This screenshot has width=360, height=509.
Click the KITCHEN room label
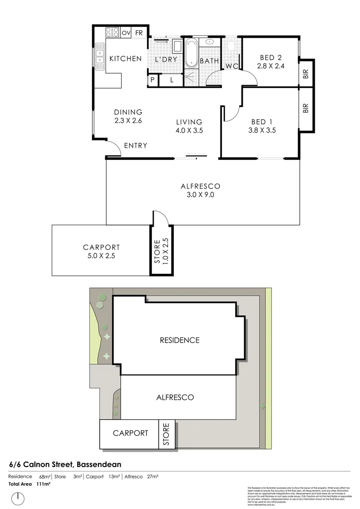click(x=125, y=58)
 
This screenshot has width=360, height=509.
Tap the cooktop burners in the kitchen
click(x=112, y=33)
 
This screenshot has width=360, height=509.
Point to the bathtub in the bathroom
click(x=191, y=53)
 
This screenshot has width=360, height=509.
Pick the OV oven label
click(x=126, y=33)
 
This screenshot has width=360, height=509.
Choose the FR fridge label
click(x=139, y=33)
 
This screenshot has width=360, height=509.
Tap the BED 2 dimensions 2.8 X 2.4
click(x=271, y=66)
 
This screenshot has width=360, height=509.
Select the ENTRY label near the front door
click(x=136, y=146)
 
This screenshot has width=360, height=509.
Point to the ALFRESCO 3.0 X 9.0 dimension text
click(x=200, y=195)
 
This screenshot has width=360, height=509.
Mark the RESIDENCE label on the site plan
click(x=179, y=340)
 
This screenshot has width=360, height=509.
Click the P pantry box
click(x=153, y=81)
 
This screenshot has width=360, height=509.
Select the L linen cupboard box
click(x=172, y=81)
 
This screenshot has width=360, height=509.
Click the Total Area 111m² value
click(x=43, y=484)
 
